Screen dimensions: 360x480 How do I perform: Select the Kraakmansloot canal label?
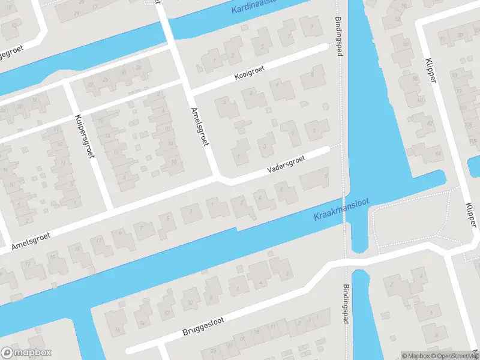[341, 209]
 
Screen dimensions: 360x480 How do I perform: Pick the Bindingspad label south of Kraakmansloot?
[346, 304]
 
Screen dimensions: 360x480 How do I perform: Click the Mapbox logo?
[26, 353]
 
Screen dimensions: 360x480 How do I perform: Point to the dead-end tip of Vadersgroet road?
[326, 149]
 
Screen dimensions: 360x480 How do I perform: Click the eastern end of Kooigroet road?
[326, 46]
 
